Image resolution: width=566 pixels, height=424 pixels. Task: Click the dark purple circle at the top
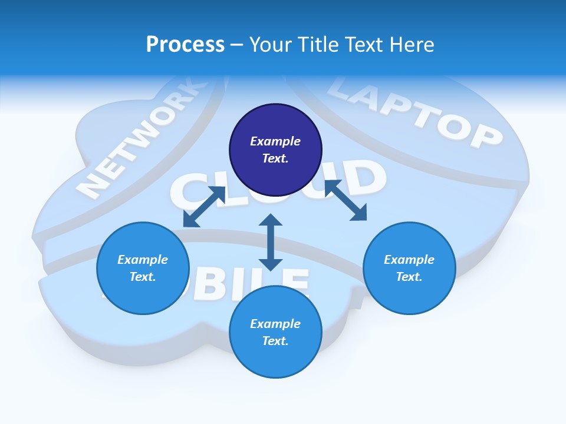click(275, 150)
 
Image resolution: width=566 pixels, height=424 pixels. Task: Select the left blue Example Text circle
click(143, 269)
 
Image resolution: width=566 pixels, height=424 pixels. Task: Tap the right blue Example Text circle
click(409, 269)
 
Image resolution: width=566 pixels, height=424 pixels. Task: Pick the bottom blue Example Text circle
click(275, 332)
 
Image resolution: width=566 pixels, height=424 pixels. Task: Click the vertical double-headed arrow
click(271, 242)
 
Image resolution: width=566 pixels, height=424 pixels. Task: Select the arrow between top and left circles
click(204, 207)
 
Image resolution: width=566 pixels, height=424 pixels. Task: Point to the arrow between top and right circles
click(345, 201)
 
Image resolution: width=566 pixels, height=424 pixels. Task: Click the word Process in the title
click(185, 44)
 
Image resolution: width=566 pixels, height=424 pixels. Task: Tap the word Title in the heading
click(319, 44)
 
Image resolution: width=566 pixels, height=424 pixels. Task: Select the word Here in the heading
click(411, 44)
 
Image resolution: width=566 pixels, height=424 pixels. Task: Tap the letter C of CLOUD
click(189, 191)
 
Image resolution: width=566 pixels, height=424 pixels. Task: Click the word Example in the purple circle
click(275, 141)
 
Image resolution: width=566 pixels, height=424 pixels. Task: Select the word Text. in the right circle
click(409, 277)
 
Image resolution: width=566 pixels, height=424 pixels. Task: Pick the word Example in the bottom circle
click(275, 324)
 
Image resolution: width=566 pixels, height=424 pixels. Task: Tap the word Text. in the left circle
click(143, 277)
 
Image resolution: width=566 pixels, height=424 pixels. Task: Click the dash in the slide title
click(236, 45)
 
